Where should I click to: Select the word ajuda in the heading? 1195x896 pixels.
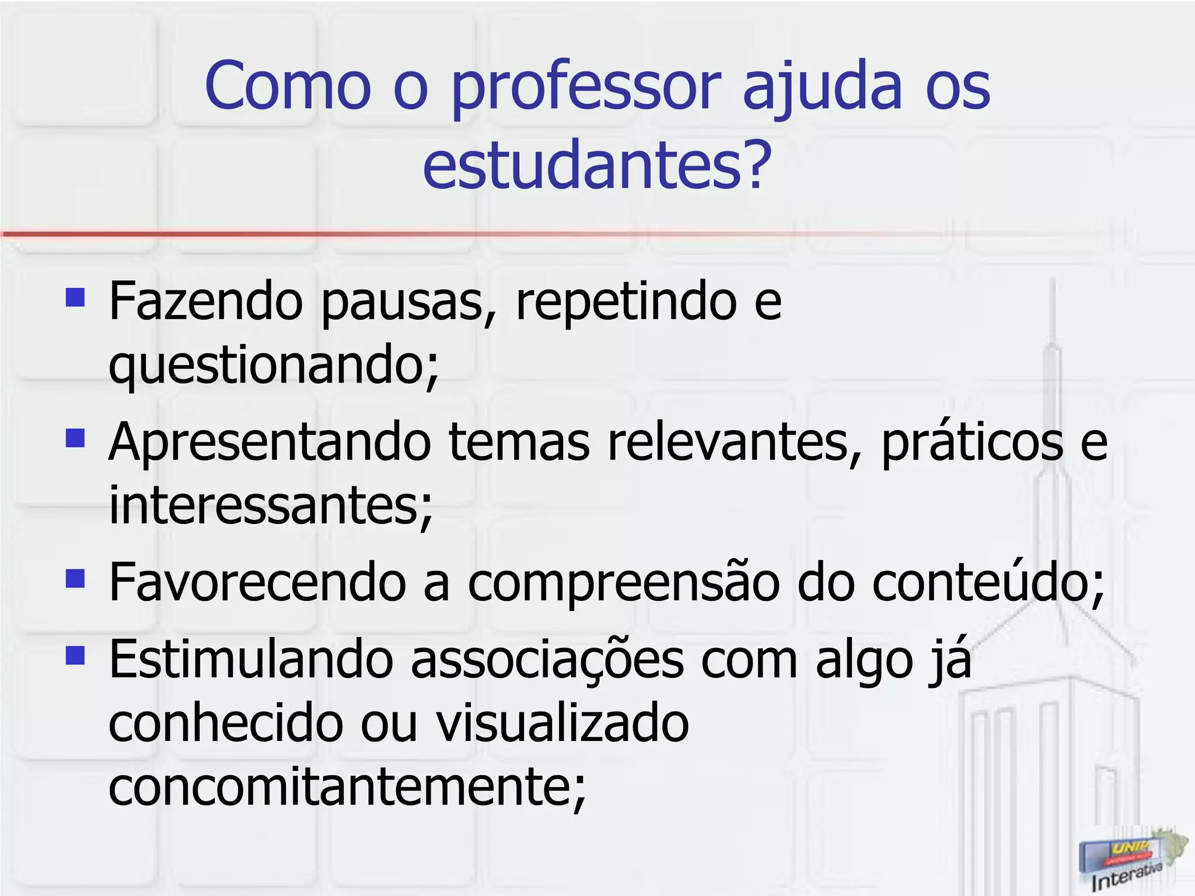pos(823,87)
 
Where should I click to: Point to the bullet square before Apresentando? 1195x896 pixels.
pos(76,437)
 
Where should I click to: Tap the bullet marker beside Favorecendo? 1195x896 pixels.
pos(76,578)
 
